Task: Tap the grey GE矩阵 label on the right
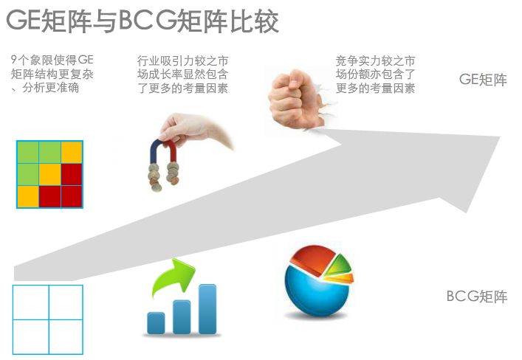click(483, 80)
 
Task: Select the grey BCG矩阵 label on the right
click(477, 297)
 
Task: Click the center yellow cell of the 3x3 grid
click(49, 174)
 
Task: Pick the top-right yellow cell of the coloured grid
click(72, 152)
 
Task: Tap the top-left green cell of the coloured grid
click(27, 152)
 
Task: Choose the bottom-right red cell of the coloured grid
click(72, 196)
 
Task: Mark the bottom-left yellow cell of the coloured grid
click(27, 196)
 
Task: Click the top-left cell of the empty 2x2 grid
click(31, 302)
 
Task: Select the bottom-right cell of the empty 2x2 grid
click(66, 336)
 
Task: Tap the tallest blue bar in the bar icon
click(207, 308)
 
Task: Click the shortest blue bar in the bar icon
click(156, 322)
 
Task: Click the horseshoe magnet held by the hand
click(162, 159)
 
